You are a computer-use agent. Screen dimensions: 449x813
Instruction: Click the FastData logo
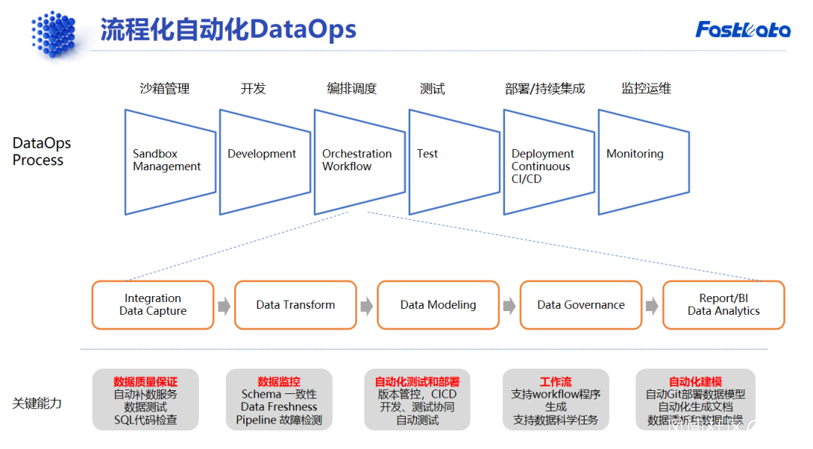click(742, 29)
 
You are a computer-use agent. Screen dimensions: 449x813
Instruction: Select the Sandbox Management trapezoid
click(169, 160)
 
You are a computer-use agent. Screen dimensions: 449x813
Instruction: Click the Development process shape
click(263, 160)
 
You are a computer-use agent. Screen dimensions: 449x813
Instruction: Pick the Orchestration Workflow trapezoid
click(358, 160)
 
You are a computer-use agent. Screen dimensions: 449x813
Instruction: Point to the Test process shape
click(453, 160)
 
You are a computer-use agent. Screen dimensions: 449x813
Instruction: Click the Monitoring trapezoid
click(643, 160)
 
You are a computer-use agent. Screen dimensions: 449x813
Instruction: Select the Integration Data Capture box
click(153, 305)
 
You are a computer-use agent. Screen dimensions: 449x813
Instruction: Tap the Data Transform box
click(295, 305)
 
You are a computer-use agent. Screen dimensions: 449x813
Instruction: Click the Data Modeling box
click(438, 305)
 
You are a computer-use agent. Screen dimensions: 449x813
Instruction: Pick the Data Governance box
click(580, 305)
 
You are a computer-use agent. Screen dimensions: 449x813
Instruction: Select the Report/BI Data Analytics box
click(723, 305)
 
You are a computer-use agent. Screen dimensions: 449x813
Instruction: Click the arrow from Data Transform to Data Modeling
click(367, 306)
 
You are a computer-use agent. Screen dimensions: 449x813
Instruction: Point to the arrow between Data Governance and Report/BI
click(652, 306)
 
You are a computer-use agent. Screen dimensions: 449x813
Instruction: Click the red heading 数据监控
click(279, 381)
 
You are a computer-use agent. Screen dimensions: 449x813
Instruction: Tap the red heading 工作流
click(556, 381)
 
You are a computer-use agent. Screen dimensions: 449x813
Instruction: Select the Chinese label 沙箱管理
click(165, 89)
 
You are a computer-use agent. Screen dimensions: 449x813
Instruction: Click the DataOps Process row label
click(41, 151)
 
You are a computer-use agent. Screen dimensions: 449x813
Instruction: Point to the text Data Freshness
click(279, 407)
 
